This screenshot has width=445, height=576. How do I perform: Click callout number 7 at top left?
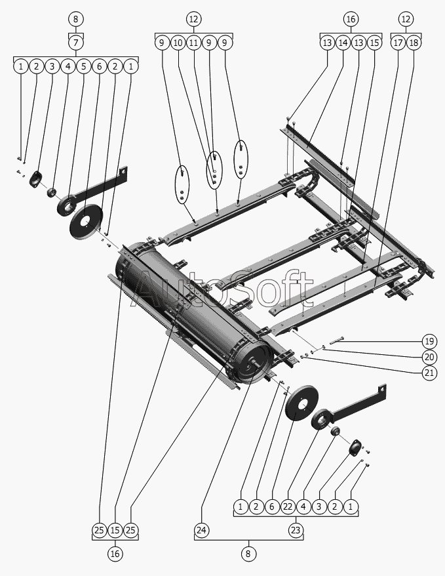[x=76, y=43]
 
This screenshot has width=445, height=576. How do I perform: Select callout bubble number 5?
[x=83, y=66]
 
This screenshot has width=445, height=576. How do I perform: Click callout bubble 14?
[x=343, y=43]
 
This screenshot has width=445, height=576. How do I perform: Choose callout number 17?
[x=398, y=43]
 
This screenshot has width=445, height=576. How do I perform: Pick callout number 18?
[x=414, y=43]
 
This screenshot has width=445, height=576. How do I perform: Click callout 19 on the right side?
[x=429, y=341]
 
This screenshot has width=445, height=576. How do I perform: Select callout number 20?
[x=429, y=357]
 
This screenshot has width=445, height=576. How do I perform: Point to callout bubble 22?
[x=288, y=506]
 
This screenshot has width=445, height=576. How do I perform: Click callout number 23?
[x=296, y=529]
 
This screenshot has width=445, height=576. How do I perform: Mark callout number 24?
[x=201, y=529]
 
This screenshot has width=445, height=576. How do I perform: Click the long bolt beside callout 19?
[x=341, y=340]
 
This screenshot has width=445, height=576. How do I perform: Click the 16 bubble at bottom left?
[x=115, y=554]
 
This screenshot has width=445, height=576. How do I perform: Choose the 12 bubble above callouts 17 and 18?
[x=406, y=19]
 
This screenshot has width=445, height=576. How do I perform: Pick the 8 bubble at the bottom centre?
[x=248, y=554]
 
